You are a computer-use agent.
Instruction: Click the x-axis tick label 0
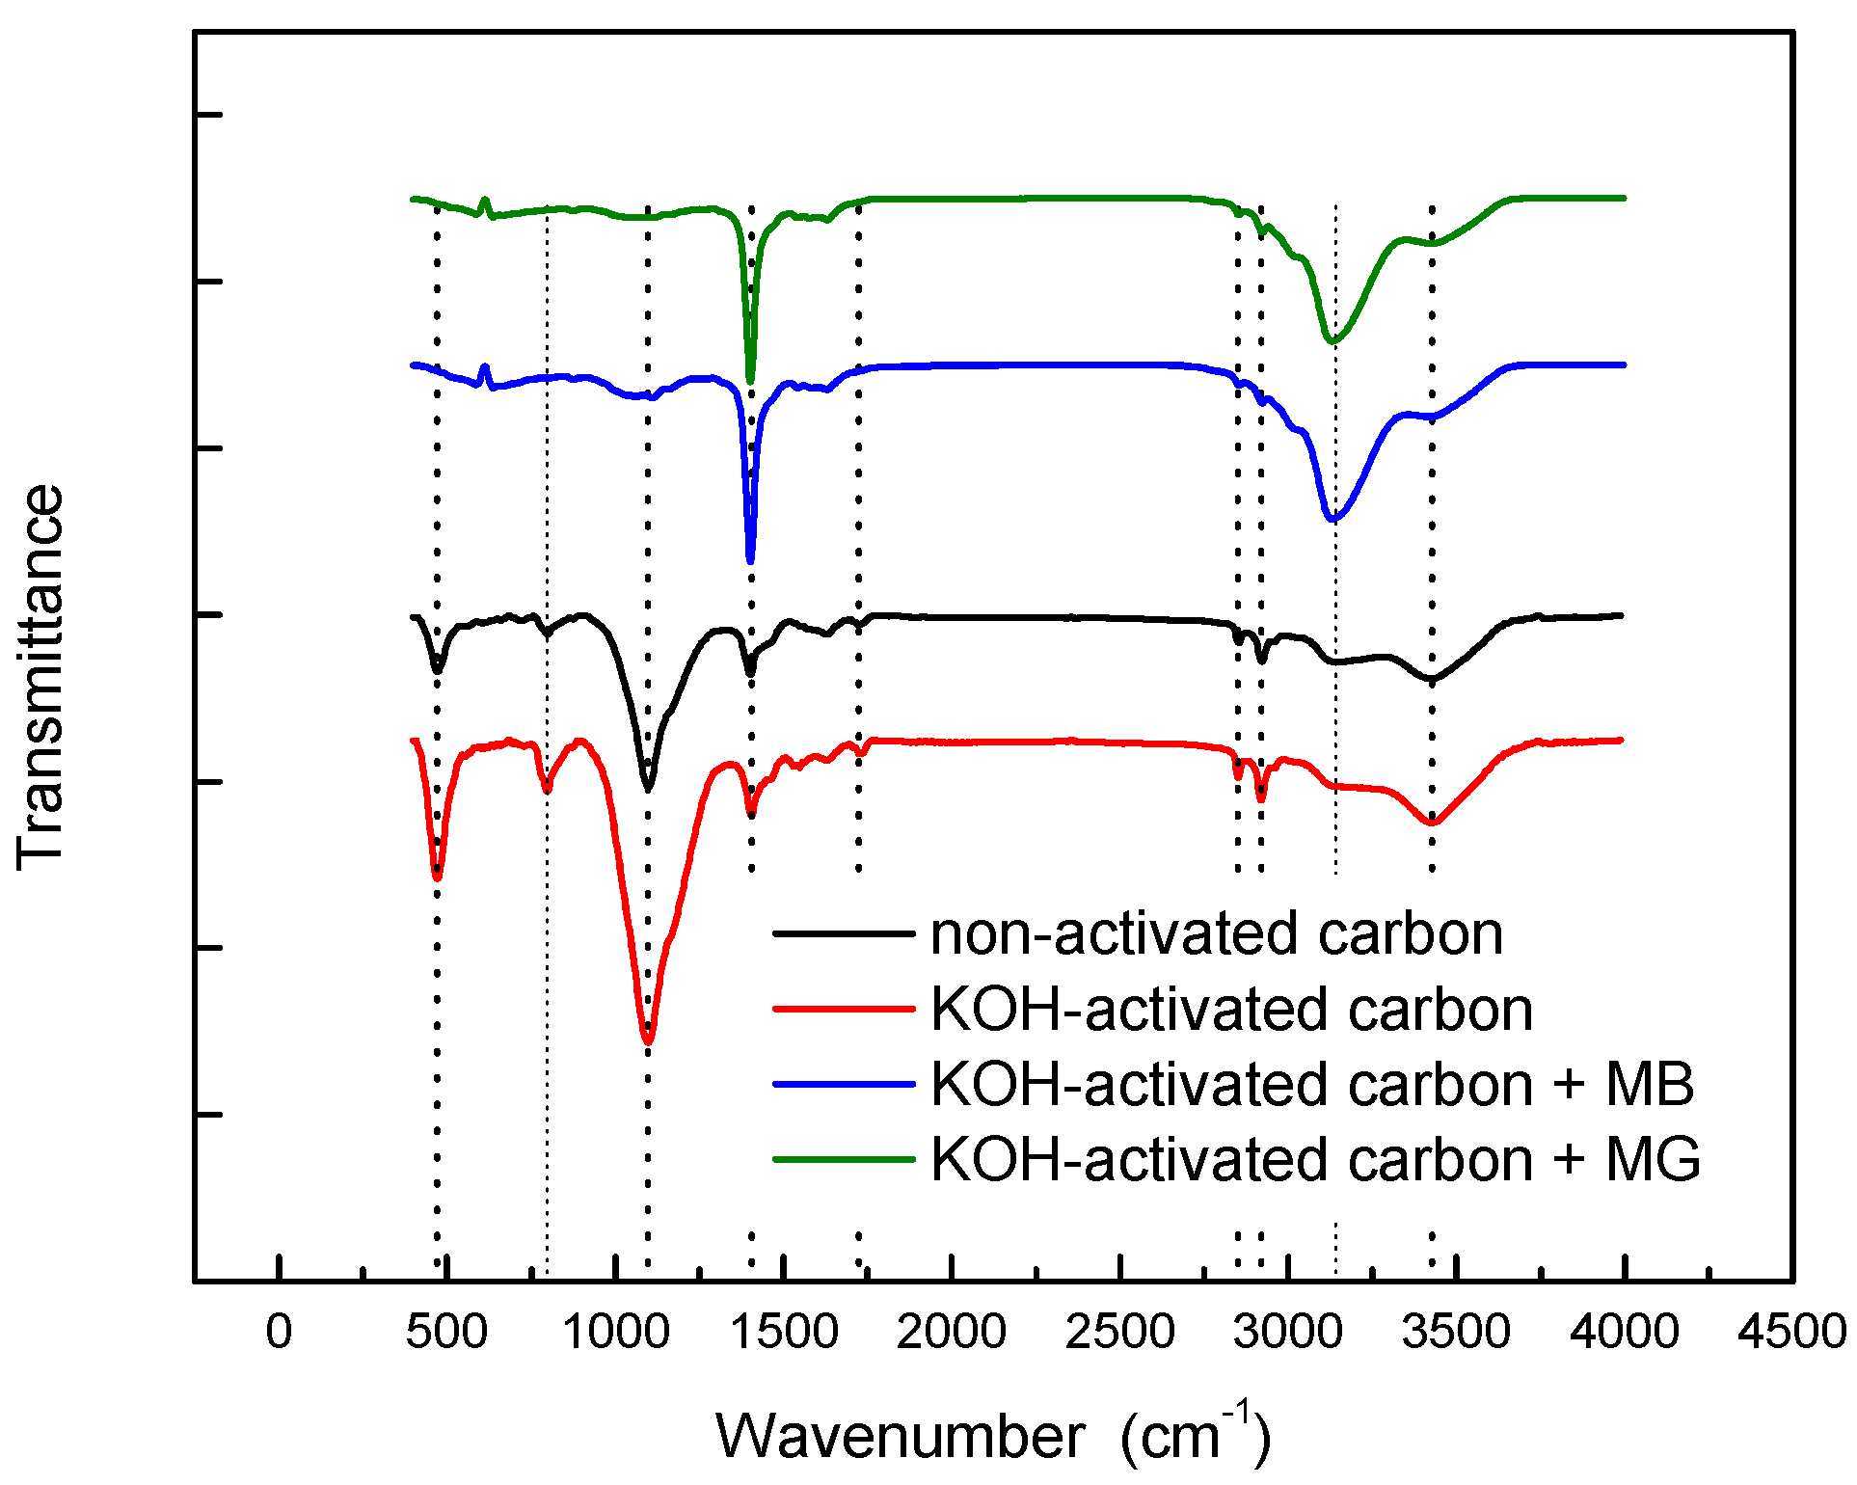(279, 1333)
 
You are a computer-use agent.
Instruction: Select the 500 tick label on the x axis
(446, 1333)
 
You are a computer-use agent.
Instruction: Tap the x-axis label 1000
(615, 1333)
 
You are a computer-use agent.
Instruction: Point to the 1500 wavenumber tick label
(784, 1333)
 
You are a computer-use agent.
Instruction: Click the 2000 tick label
(952, 1333)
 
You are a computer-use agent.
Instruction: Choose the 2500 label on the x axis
(1120, 1333)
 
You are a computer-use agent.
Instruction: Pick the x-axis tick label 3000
(1288, 1333)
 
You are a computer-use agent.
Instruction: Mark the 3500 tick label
(1456, 1333)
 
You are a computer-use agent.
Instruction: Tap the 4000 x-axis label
(1625, 1333)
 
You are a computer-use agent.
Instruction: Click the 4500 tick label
(1792, 1333)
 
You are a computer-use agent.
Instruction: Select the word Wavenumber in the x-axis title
(901, 1437)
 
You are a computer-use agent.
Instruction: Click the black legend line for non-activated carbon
(844, 933)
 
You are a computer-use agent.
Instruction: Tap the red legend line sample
(844, 1009)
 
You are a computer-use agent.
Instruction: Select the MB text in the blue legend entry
(1650, 1084)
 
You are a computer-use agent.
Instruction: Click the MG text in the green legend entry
(1653, 1159)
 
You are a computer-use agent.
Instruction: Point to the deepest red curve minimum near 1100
(648, 1041)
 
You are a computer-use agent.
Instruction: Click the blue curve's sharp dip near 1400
(750, 559)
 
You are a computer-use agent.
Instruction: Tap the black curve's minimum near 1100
(648, 788)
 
